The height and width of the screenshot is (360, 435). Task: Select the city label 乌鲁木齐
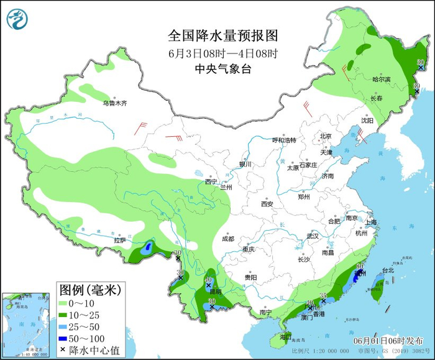114,103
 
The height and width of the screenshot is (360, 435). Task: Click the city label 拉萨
119,240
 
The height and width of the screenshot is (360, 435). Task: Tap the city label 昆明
215,292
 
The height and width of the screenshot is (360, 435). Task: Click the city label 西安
267,203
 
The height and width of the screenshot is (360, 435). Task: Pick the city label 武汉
312,236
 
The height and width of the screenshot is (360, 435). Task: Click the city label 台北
388,270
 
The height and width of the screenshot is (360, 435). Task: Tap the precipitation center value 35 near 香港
323,295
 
